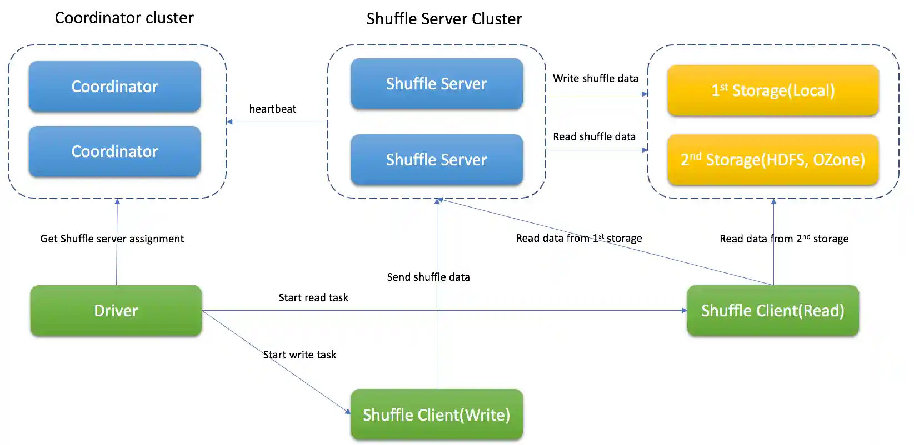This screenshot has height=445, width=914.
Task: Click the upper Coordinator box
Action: coord(114,87)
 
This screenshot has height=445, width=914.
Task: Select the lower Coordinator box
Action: coord(114,151)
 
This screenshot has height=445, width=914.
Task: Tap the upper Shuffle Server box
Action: coord(436,84)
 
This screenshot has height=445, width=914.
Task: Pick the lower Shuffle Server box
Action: coord(436,160)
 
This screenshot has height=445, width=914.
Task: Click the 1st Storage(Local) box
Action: coord(773,90)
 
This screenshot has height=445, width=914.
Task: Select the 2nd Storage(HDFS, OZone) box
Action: coord(773,160)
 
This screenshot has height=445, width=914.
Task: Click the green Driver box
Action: coord(116,311)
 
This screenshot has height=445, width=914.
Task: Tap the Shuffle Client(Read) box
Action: coord(773,311)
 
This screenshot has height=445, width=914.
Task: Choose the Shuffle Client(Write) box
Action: coord(436,415)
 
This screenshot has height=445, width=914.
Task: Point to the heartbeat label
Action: coord(272,109)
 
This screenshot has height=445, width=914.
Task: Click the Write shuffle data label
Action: coord(595,78)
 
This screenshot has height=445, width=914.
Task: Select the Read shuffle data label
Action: coord(594,136)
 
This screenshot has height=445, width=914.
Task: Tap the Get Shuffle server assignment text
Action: coord(112,239)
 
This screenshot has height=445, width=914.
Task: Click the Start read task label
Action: coord(313,297)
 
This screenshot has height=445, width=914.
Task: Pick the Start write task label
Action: coord(299,355)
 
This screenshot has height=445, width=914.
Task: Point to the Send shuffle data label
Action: coord(428,277)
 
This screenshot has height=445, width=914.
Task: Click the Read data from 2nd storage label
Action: coord(783,239)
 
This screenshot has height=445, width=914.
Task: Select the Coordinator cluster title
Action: coord(124,18)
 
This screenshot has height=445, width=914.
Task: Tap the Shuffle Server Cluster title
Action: coord(444,19)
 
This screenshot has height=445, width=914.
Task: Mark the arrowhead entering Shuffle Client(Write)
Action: coord(348,411)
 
